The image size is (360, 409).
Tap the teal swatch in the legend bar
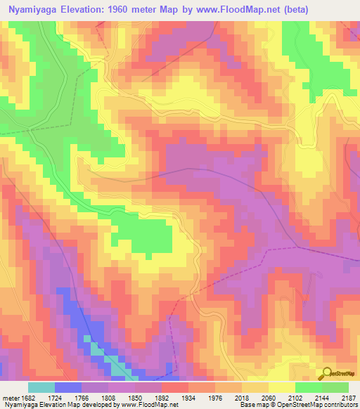41,387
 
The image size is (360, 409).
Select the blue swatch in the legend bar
68,387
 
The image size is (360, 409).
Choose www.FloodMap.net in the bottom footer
151,405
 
